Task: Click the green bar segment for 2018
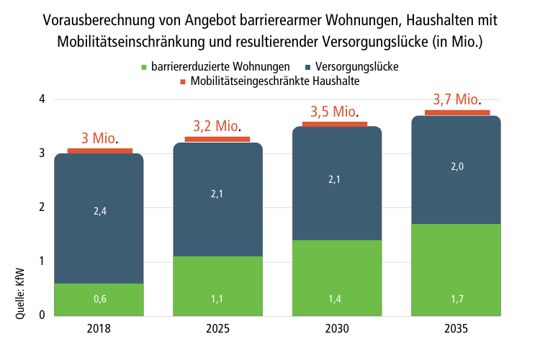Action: coord(99,300)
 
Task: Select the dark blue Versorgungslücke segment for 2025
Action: coord(217,199)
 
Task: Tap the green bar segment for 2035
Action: coord(456,270)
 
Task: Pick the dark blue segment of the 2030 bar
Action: coord(337,184)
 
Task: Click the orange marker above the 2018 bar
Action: coord(100,151)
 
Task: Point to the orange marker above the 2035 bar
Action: coord(457,112)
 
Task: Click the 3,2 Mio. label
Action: coord(217,126)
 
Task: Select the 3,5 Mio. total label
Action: coord(334,112)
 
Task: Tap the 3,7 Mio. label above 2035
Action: coord(457,99)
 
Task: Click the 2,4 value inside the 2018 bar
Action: coord(100,211)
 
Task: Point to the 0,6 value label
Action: coord(100,299)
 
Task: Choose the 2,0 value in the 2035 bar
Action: coord(457,167)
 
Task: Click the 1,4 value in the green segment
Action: coord(334,299)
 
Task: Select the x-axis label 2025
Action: coord(217,328)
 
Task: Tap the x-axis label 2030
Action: coord(337,328)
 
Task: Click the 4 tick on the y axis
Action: coord(42,99)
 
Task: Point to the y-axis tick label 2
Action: coord(42,207)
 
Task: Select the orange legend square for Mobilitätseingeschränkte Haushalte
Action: coord(183,81)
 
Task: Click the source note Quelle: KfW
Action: coord(20,294)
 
